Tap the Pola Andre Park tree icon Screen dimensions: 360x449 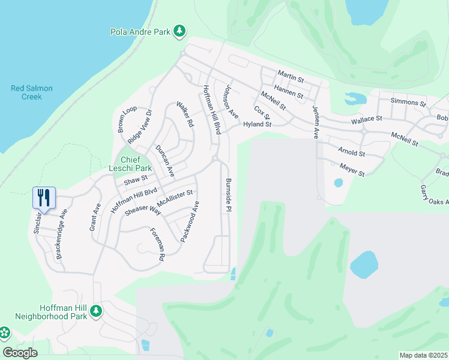(x=179, y=31)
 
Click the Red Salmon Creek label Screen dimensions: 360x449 (x=32, y=92)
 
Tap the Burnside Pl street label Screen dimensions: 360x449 (x=228, y=194)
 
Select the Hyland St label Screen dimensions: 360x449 (x=258, y=125)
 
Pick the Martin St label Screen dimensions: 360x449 (x=291, y=76)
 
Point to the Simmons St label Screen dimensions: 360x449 (x=408, y=103)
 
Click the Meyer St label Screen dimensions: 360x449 (x=352, y=170)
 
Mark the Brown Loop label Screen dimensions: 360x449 (x=127, y=119)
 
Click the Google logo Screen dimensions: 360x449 (x=20, y=353)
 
